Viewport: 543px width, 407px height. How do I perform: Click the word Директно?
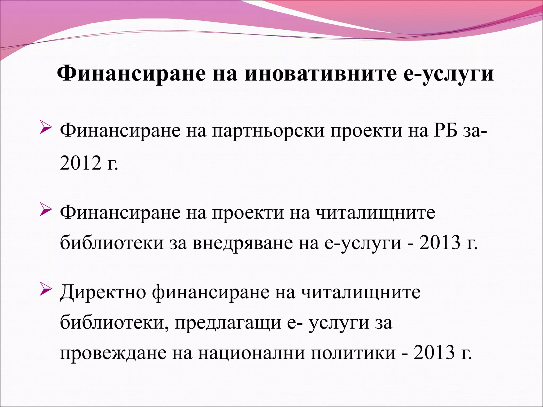coord(103,293)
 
